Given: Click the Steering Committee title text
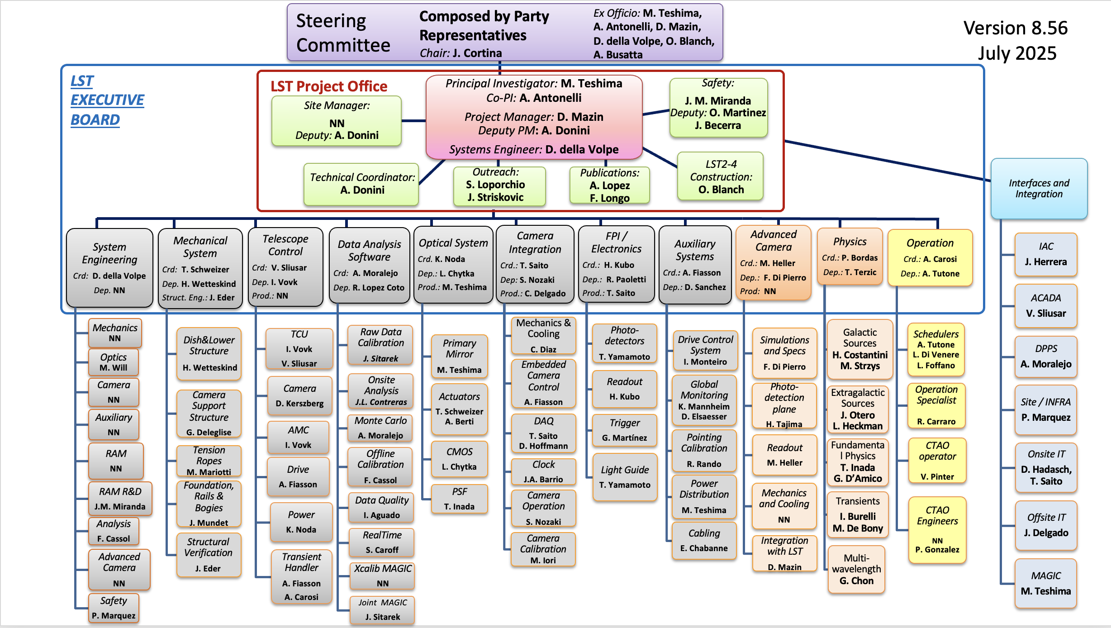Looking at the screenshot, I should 342,33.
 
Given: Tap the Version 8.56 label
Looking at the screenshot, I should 1015,28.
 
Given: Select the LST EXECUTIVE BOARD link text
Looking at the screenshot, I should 107,100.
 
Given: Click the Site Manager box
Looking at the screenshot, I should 337,120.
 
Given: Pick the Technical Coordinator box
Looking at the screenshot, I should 361,184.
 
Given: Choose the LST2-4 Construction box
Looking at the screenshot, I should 721,176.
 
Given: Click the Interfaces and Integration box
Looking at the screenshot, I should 1039,188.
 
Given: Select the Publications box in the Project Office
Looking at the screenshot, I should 609,185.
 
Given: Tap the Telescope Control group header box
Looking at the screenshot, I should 285,266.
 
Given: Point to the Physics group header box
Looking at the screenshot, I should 850,257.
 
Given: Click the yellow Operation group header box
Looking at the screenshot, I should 930,257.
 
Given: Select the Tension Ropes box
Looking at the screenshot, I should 209,461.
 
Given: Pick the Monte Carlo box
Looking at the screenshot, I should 380,428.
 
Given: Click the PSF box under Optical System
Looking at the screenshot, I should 459,499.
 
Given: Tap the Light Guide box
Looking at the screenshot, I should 625,477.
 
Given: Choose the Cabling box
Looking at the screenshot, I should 704,540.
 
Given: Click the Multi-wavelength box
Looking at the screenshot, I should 856,569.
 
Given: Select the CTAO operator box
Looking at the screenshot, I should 937,460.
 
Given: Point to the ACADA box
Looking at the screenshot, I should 1045,305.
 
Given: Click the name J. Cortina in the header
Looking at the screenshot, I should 477,53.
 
